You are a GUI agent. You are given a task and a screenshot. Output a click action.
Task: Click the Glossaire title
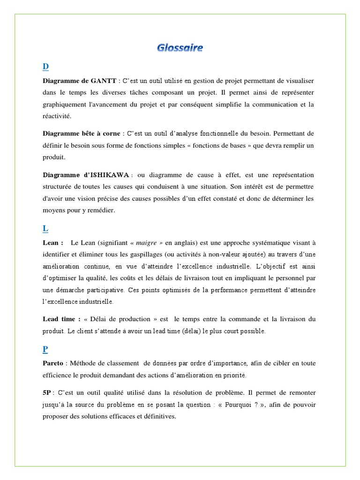click(180, 47)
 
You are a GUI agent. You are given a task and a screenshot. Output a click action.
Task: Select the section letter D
click(45, 66)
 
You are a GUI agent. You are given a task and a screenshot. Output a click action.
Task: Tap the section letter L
click(45, 228)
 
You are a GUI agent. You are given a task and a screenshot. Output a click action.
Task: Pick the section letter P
click(45, 350)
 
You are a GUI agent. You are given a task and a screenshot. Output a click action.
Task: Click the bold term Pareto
click(53, 363)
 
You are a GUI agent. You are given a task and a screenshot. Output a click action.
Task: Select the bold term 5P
click(47, 392)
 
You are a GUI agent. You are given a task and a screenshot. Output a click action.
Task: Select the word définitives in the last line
click(159, 415)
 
